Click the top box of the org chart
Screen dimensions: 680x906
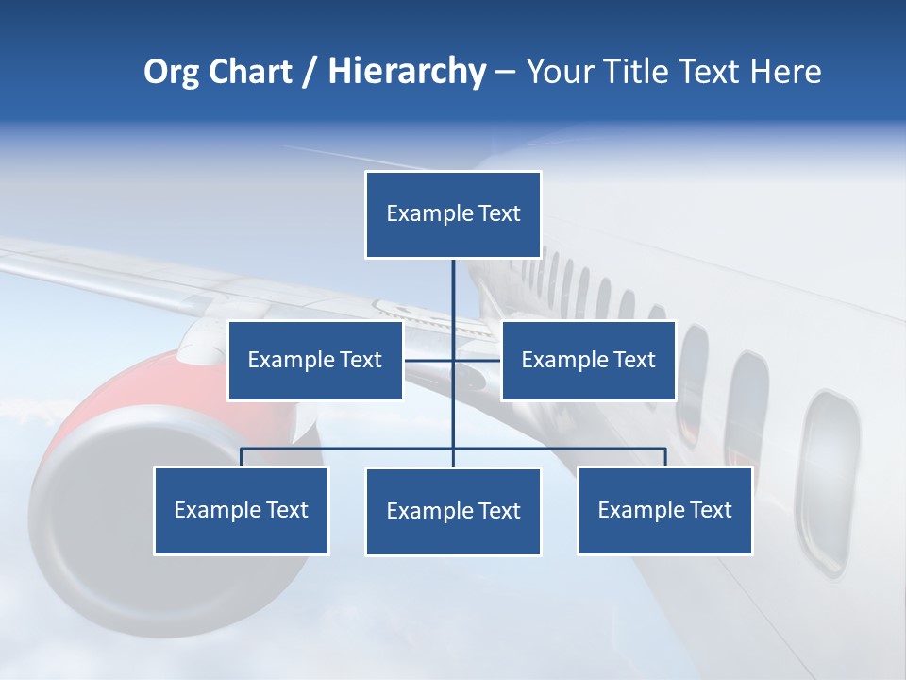pos(453,214)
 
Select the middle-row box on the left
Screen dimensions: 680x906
pos(315,360)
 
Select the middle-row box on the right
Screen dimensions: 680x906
pos(588,360)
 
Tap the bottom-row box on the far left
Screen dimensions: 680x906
pos(242,510)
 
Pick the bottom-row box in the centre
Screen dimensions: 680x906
pos(453,511)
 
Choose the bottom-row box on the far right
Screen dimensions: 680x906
pos(664,510)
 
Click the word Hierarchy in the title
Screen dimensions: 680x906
pos(407,72)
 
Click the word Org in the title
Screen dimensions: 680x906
pos(171,72)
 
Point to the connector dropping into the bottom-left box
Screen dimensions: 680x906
pos(242,457)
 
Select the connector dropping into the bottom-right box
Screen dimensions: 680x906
pos(665,457)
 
